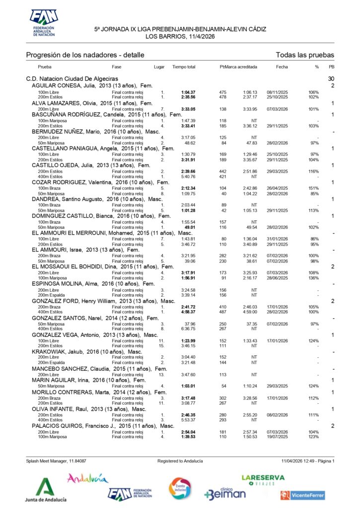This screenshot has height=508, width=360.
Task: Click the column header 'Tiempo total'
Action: click(184, 66)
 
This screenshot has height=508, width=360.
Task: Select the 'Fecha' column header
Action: click(282, 66)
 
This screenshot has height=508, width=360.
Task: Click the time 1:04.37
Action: click(188, 92)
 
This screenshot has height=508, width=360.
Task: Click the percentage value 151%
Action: click(313, 189)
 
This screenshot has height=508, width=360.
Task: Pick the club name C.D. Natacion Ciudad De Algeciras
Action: click(72, 79)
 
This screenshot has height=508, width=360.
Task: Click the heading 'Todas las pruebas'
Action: click(305, 55)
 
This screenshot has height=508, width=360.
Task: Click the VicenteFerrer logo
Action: click(302, 495)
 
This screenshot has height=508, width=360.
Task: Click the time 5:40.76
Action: click(188, 176)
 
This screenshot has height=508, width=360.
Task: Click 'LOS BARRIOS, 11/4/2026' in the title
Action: click(180, 36)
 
